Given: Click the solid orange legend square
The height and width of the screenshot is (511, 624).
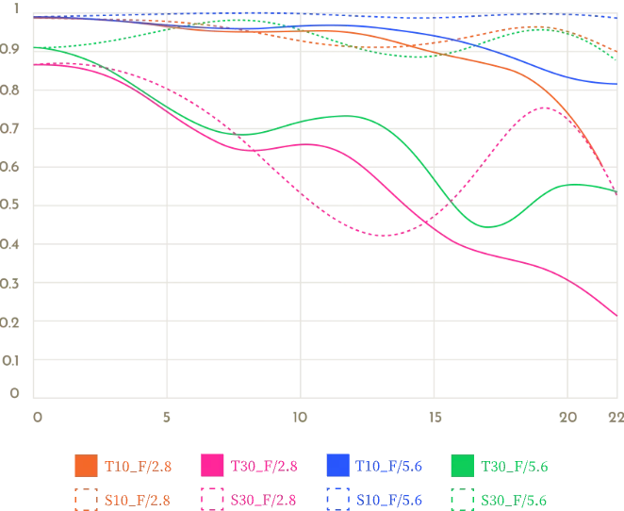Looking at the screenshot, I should pos(85,466).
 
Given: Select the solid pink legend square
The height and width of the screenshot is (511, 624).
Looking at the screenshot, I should pos(211,466).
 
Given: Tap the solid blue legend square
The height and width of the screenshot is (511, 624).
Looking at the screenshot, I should pos(337,466).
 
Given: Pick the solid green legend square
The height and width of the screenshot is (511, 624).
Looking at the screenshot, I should pos(463,466).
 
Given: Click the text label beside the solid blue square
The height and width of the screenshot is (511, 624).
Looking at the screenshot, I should pos(387,466).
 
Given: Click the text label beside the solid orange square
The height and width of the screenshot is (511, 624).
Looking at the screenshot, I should pos(136,466).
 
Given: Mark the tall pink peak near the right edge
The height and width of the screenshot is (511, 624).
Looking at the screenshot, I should pos(547,107).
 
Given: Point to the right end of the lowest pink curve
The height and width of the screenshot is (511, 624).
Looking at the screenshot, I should pos(616,314).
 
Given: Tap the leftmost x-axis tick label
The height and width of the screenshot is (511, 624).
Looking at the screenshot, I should pos(35,414).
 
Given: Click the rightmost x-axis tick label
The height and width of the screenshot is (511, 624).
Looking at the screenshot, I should pos(614,414).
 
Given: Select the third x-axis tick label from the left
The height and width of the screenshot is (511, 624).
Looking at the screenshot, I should pos(299,414).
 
